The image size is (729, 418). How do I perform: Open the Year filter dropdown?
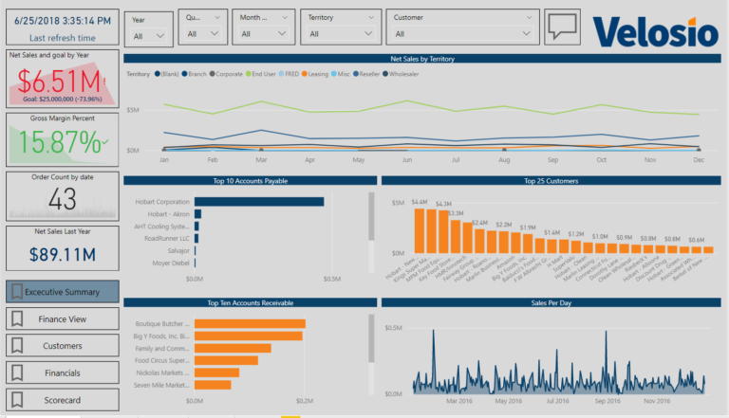149,34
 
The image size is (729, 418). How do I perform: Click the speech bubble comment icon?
562,28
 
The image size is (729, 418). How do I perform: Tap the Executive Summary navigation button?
63,292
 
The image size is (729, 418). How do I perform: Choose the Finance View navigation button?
63,319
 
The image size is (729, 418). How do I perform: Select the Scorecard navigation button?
63,399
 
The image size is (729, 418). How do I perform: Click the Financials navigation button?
63,373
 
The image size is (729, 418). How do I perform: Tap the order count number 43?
62,199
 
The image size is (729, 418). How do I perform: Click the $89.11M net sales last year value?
62,254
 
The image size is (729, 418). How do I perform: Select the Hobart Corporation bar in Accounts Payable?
258,202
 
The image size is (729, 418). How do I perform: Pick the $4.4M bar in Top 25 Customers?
419,229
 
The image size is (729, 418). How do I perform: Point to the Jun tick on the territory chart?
406,160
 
